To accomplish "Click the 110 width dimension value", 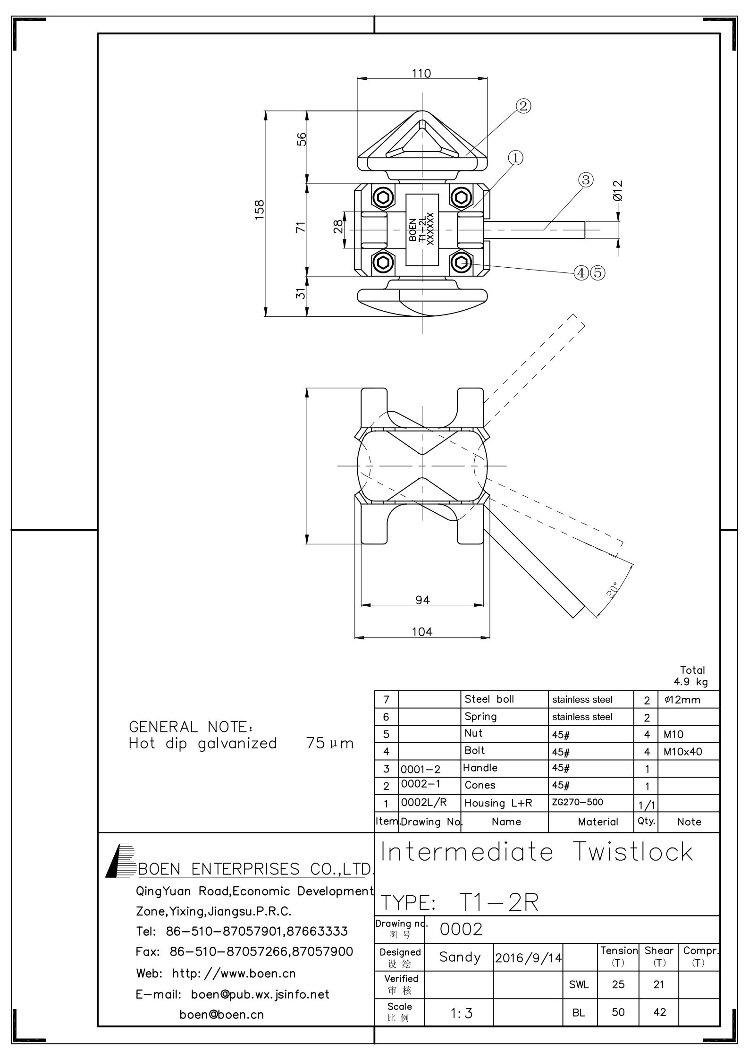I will pyautogui.click(x=421, y=74).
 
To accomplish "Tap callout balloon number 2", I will pyautogui.click(x=523, y=106).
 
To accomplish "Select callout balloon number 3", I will pyautogui.click(x=585, y=180).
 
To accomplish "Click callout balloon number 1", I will pyautogui.click(x=515, y=158).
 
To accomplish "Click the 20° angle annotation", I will pyautogui.click(x=613, y=591).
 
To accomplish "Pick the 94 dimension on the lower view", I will pyautogui.click(x=422, y=600).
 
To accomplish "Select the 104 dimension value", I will pyautogui.click(x=422, y=632).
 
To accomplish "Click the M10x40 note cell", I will pyautogui.click(x=682, y=751).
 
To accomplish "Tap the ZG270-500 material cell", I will pyautogui.click(x=577, y=802).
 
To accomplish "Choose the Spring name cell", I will pyautogui.click(x=480, y=716).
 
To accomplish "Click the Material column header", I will pyautogui.click(x=598, y=822).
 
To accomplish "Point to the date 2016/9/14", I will pyautogui.click(x=529, y=958).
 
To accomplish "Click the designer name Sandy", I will pyautogui.click(x=460, y=957).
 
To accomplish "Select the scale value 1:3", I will pyautogui.click(x=461, y=1013).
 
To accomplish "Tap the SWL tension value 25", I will pyautogui.click(x=618, y=984).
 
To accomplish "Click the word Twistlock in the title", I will pyautogui.click(x=634, y=853).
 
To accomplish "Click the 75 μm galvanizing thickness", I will pyautogui.click(x=329, y=744).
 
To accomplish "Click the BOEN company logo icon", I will pyautogui.click(x=120, y=860).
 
